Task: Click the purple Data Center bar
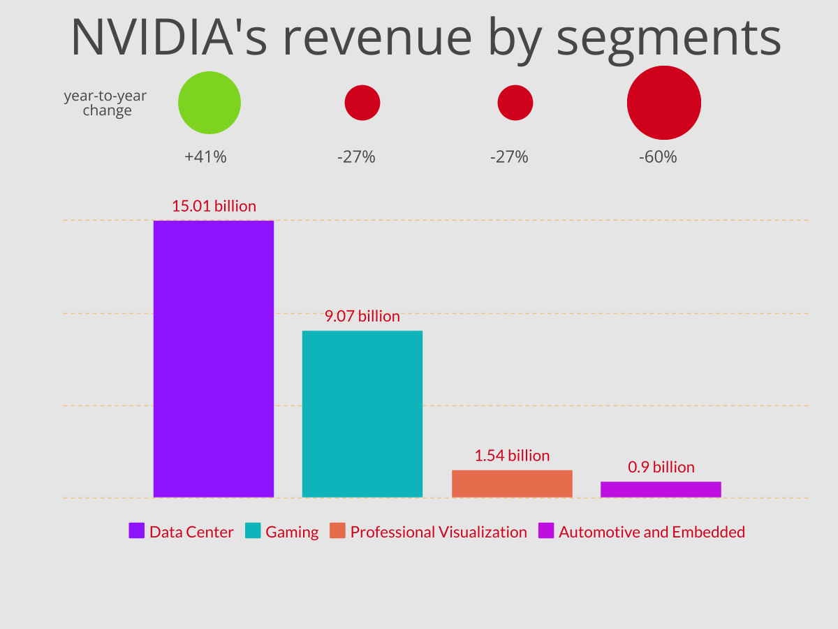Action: (x=213, y=359)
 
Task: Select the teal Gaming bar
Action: (x=362, y=414)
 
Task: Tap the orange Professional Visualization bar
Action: (x=512, y=484)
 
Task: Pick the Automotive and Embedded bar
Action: (x=661, y=489)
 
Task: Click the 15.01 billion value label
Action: (x=214, y=206)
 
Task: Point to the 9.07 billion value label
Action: (x=362, y=316)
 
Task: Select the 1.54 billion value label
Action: (x=512, y=456)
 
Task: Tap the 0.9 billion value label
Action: (x=661, y=467)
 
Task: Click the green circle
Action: (x=209, y=103)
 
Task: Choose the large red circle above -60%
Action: (x=663, y=103)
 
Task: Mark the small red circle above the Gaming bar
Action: (x=362, y=103)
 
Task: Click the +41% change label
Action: (x=205, y=157)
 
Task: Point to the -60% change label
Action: (x=658, y=157)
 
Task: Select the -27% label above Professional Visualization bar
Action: (x=509, y=157)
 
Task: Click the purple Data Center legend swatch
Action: (x=137, y=531)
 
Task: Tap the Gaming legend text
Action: (x=292, y=532)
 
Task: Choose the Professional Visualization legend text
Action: (x=439, y=532)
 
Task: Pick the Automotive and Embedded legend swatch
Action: (x=545, y=531)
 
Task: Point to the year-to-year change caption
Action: (x=105, y=103)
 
